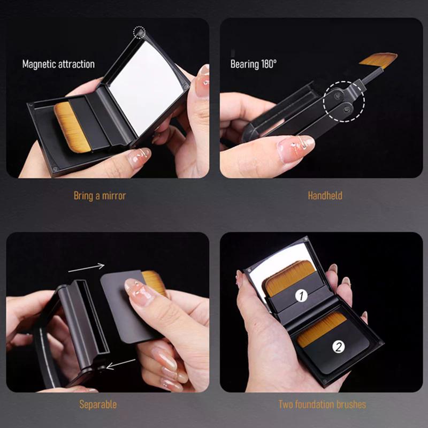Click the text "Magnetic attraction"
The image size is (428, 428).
[58, 64]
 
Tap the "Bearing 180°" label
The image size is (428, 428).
[254, 64]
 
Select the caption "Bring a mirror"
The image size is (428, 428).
[100, 196]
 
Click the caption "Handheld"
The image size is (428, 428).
[325, 196]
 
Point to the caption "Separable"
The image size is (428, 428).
[98, 404]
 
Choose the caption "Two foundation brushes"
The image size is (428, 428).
[322, 404]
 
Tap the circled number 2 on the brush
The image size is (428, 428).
[338, 347]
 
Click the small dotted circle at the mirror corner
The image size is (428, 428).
[140, 33]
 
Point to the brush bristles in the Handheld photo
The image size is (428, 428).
[378, 59]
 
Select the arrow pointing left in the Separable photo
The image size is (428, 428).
[120, 364]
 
